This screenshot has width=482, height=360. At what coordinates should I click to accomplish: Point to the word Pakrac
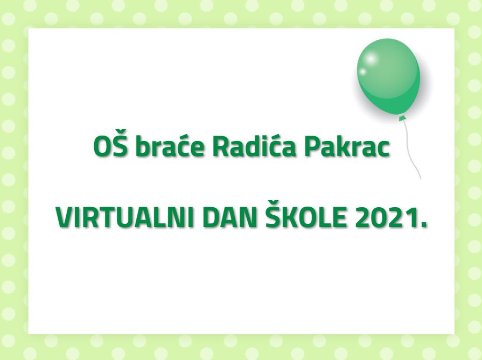(x=348, y=146)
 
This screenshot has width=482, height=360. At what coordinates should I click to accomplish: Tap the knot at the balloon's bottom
(x=401, y=118)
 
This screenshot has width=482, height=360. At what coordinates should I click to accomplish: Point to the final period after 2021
(x=424, y=225)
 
